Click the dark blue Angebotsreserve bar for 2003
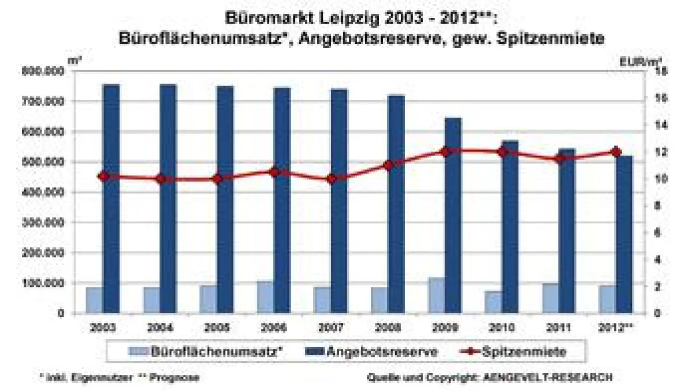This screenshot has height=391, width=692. click(x=111, y=199)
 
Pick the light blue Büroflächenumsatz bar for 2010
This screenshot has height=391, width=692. click(x=493, y=302)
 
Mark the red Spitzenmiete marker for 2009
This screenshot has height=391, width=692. click(x=445, y=152)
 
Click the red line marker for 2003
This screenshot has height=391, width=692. click(x=103, y=176)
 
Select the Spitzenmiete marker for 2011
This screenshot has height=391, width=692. click(x=559, y=158)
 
